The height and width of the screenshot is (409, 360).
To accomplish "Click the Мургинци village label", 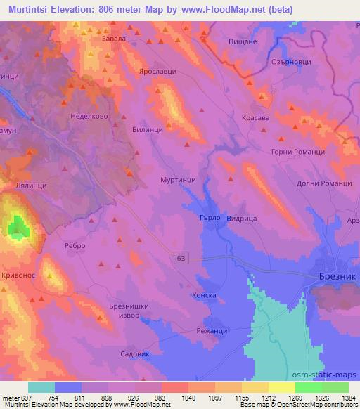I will point(178,180).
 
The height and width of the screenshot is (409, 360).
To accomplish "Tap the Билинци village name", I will point(148,129).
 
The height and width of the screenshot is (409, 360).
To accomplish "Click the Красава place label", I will point(256,118).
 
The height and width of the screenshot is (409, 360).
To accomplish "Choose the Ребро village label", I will point(75,245).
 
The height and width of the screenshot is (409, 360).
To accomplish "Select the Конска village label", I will point(204,296).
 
